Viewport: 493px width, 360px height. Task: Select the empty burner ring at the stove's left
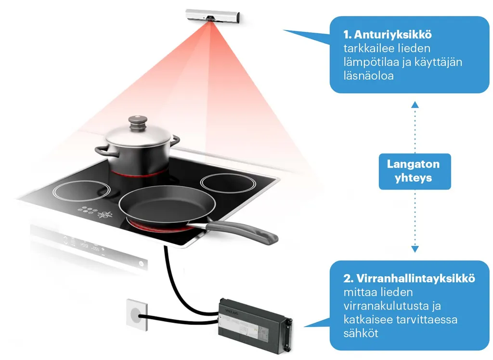77,190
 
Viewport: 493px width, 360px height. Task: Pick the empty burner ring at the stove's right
225,183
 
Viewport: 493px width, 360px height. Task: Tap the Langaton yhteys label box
413,171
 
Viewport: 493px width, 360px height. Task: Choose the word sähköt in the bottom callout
361,333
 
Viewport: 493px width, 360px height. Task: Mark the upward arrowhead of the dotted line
415,104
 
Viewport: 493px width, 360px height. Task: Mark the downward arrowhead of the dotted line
415,249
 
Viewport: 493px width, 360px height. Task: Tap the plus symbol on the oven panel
103,250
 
